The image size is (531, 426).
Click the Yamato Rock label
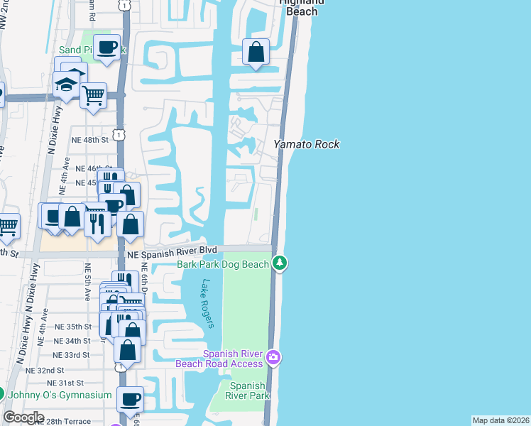tap(307, 144)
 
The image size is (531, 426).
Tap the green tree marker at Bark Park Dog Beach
tap(280, 263)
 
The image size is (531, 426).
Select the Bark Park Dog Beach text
tap(223, 264)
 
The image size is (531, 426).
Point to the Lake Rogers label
tap(207, 303)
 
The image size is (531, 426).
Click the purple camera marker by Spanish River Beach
tap(274, 357)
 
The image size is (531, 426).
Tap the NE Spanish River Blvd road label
tap(172, 251)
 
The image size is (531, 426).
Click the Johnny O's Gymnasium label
tap(60, 395)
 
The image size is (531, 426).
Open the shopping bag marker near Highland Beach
tap(256, 52)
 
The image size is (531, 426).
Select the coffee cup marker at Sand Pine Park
tap(107, 48)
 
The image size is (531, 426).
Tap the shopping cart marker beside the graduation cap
tap(93, 94)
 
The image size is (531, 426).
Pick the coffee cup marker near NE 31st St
tap(130, 399)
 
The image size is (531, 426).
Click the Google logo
tap(23, 417)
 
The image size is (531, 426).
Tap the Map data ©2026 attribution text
tap(500, 420)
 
